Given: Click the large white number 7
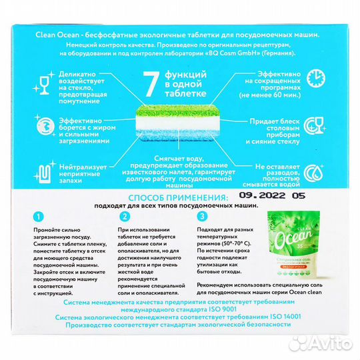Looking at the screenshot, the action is click(151, 84).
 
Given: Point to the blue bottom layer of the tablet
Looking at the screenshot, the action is click(177, 135).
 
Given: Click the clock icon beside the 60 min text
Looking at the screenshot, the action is click(316, 78).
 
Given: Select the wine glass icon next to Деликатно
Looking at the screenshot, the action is click(44, 83).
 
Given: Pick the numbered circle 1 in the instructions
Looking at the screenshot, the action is click(39, 217).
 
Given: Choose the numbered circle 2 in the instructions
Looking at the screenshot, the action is click(125, 217).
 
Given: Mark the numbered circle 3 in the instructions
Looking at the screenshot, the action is click(202, 216).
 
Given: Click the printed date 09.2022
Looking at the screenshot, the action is click(263, 195).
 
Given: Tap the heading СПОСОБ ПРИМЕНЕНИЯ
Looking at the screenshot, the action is click(178, 198).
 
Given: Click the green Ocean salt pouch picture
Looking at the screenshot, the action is click(293, 244).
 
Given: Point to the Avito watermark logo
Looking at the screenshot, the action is click(321, 344).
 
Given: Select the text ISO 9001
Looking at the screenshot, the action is click(222, 309).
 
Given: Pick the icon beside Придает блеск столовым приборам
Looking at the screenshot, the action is click(315, 126).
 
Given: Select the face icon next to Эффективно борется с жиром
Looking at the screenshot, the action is click(45, 126).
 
